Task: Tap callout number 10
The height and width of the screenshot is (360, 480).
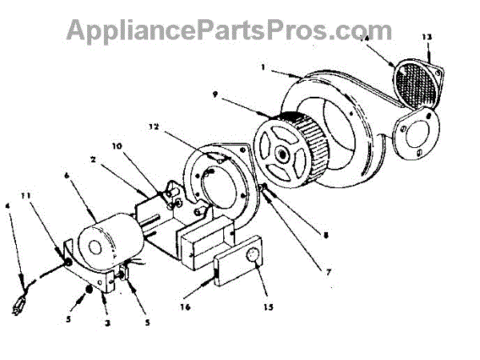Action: tap(117, 146)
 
